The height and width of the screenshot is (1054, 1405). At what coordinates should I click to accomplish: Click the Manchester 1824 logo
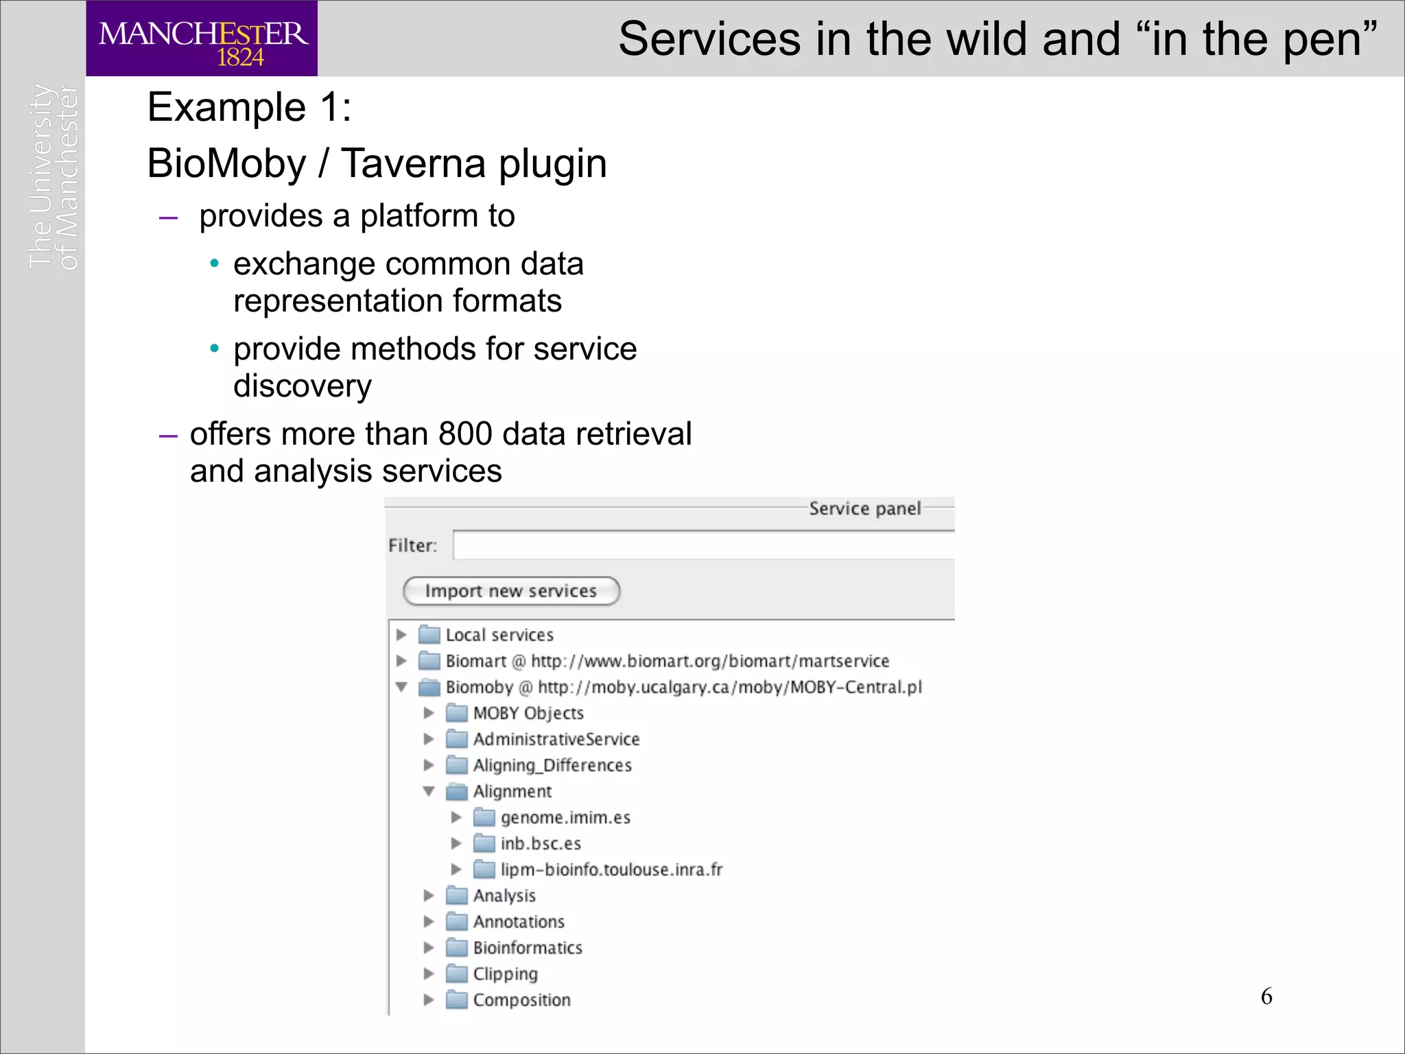tap(202, 38)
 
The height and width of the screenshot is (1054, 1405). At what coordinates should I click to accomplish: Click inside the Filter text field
tap(700, 546)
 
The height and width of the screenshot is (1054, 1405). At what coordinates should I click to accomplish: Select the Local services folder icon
tap(429, 634)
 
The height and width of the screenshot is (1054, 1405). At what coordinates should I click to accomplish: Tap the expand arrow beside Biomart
tap(401, 661)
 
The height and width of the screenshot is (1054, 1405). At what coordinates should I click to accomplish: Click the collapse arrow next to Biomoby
tap(401, 687)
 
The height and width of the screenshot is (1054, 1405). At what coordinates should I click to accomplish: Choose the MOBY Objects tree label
tap(528, 713)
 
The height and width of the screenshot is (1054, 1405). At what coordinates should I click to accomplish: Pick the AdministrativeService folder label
tap(556, 739)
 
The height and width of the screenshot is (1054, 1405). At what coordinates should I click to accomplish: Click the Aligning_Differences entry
tap(552, 765)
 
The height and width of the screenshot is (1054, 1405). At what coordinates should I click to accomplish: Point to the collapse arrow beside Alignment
tap(429, 791)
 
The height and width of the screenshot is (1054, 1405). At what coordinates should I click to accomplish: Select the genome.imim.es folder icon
tap(484, 817)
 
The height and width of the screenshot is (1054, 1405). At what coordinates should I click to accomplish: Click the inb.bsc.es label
tap(541, 843)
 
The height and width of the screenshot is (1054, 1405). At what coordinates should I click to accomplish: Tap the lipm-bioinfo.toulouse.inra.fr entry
tap(611, 869)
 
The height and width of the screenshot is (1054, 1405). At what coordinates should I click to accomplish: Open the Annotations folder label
tap(519, 922)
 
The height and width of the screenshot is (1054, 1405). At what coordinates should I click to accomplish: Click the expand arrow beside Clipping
tap(429, 974)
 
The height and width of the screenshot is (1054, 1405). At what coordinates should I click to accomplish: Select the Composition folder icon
tap(457, 1000)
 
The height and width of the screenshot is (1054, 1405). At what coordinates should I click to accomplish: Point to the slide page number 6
tap(1266, 996)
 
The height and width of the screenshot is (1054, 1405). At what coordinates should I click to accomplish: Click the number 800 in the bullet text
tap(465, 434)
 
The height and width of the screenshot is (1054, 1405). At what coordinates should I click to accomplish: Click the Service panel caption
tap(864, 508)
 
